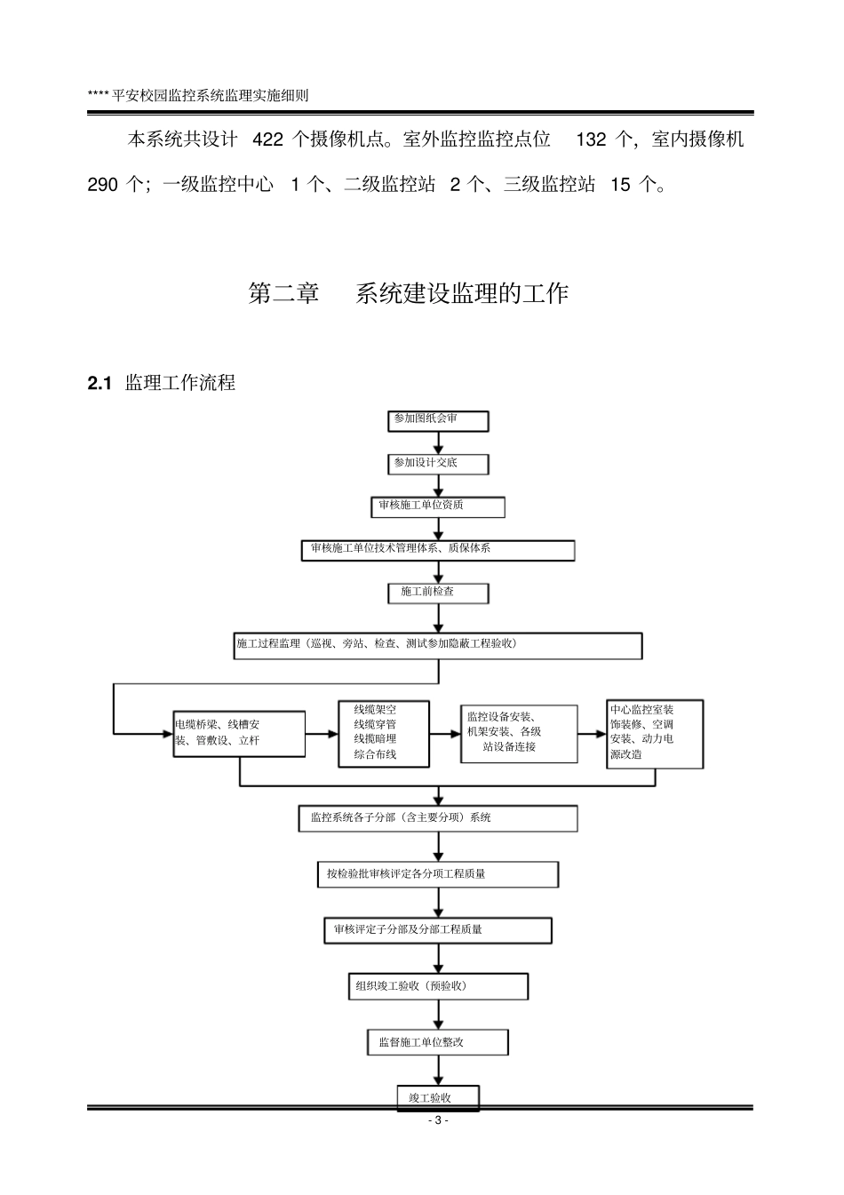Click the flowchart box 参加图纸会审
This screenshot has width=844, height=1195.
pos(438,420)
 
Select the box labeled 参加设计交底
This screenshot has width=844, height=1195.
pos(438,464)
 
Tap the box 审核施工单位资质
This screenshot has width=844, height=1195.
pos(438,506)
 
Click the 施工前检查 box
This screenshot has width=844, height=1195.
pos(438,593)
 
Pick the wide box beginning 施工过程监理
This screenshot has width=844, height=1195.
pos(438,645)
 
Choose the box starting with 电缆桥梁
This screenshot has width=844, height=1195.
pos(227,733)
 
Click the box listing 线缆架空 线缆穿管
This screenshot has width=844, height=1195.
pos(384,734)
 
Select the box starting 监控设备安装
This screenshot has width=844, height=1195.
pos(518,734)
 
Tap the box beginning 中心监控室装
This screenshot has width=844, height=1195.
pos(655,734)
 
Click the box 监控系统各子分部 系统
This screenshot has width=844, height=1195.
pos(438,818)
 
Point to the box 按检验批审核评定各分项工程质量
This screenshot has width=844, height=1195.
pos(438,874)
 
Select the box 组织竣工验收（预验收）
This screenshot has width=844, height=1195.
pos(438,986)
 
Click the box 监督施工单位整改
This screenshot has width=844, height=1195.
pos(438,1043)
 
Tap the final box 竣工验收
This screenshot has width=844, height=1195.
pos(438,1098)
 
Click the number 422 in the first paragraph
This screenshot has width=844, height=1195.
pos(268,139)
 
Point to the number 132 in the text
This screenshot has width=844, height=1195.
pos(592,139)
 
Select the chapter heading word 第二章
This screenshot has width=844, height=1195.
pos(283,294)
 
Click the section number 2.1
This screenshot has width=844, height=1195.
pos(99,384)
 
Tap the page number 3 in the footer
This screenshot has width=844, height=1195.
pos(437,1121)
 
